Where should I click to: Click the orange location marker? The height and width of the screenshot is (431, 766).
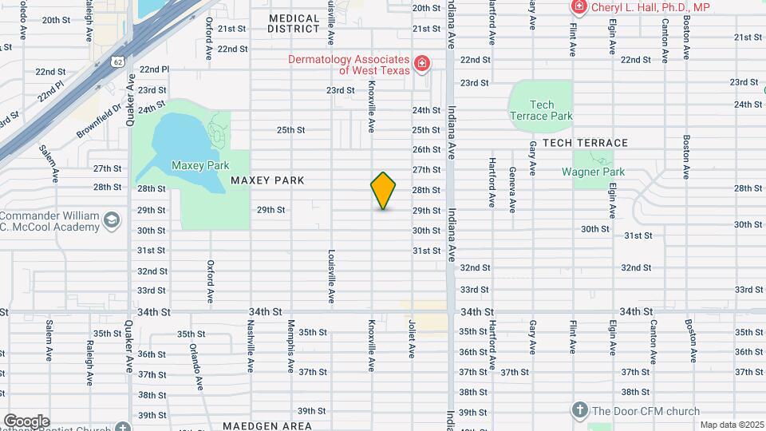(383, 191)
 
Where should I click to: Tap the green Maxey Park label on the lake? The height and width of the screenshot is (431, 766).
(188, 165)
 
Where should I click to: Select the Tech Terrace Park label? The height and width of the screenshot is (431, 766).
(541, 110)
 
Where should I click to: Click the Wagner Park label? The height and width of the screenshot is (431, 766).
(591, 172)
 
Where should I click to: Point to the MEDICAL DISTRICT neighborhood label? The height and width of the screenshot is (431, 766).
(294, 23)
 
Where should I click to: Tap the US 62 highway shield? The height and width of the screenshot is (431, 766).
(118, 61)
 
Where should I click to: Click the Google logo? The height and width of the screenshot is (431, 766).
(26, 421)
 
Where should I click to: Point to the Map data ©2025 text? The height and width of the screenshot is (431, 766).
(731, 425)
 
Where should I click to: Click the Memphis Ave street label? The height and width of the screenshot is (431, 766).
(291, 339)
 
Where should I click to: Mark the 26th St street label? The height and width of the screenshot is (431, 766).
(426, 149)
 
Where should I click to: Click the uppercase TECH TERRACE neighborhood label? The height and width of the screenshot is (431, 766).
(585, 143)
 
